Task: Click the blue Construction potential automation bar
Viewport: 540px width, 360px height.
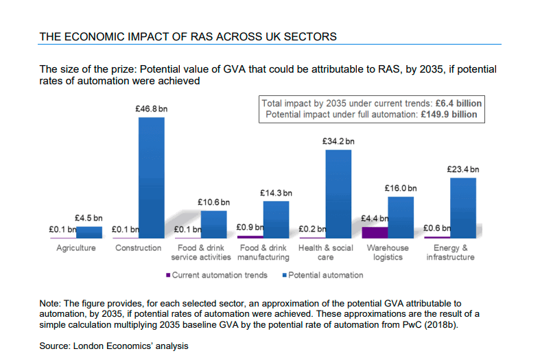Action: pos(151,176)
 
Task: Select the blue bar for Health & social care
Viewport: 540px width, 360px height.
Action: pos(338,193)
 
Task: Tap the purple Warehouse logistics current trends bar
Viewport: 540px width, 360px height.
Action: pos(375,232)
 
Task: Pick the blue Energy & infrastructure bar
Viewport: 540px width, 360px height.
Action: pos(463,207)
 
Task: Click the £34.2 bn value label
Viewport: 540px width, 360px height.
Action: pos(338,141)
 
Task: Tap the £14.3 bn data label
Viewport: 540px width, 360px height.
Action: pos(276,193)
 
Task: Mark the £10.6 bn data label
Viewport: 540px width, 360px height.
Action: pos(213,202)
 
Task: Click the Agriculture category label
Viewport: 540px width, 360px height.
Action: pos(76,248)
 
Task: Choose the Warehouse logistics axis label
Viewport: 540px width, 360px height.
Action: pos(388,252)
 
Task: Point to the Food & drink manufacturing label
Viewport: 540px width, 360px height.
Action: pos(263,252)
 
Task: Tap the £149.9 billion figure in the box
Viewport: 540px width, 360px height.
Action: pos(449,115)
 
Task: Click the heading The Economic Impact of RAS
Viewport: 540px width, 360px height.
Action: pos(188,36)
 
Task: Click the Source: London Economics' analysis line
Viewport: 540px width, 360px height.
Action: pos(113,346)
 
